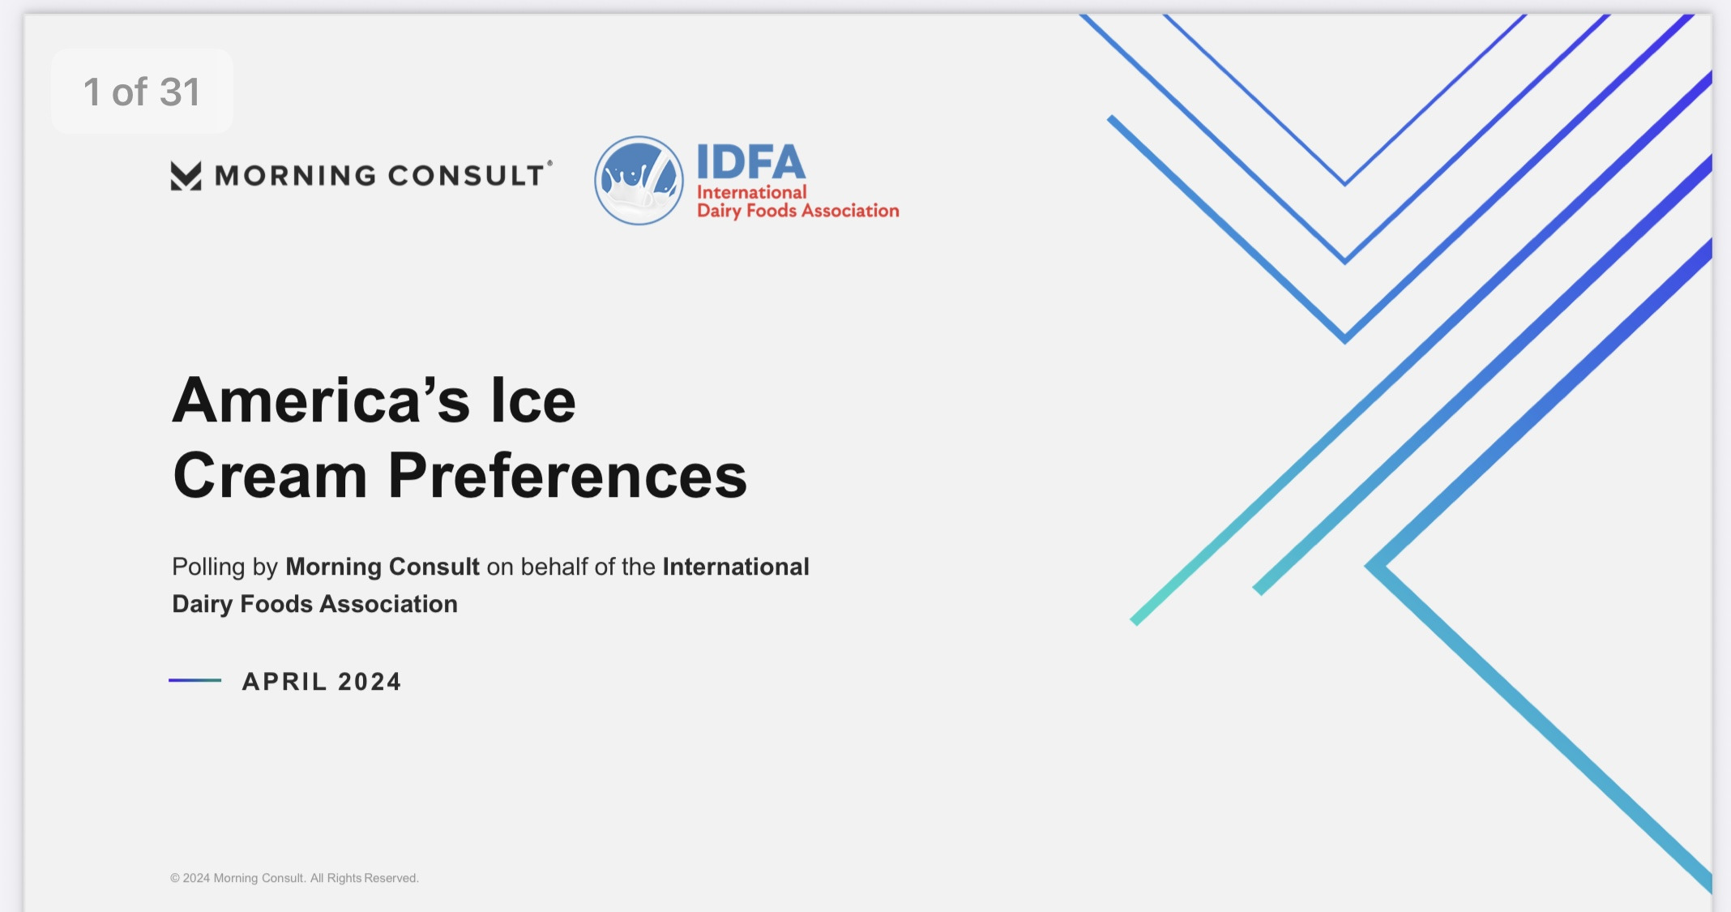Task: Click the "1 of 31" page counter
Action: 142,92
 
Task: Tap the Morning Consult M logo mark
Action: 186,176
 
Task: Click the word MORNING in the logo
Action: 295,176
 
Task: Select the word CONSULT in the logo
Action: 466,176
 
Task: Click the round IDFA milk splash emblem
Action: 639,180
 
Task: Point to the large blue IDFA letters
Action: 751,162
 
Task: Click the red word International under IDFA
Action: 752,192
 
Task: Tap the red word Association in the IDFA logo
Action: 850,211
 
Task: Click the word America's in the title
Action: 321,400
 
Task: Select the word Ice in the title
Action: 533,400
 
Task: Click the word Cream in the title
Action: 270,476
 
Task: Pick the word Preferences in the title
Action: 567,476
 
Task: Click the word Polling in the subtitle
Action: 208,567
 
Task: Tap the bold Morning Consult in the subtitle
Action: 383,567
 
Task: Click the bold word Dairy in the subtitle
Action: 203,605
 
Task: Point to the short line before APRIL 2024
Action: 194,680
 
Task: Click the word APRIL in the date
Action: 284,682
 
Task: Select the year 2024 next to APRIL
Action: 370,682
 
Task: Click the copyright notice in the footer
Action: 294,878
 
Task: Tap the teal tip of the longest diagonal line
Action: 1135,621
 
